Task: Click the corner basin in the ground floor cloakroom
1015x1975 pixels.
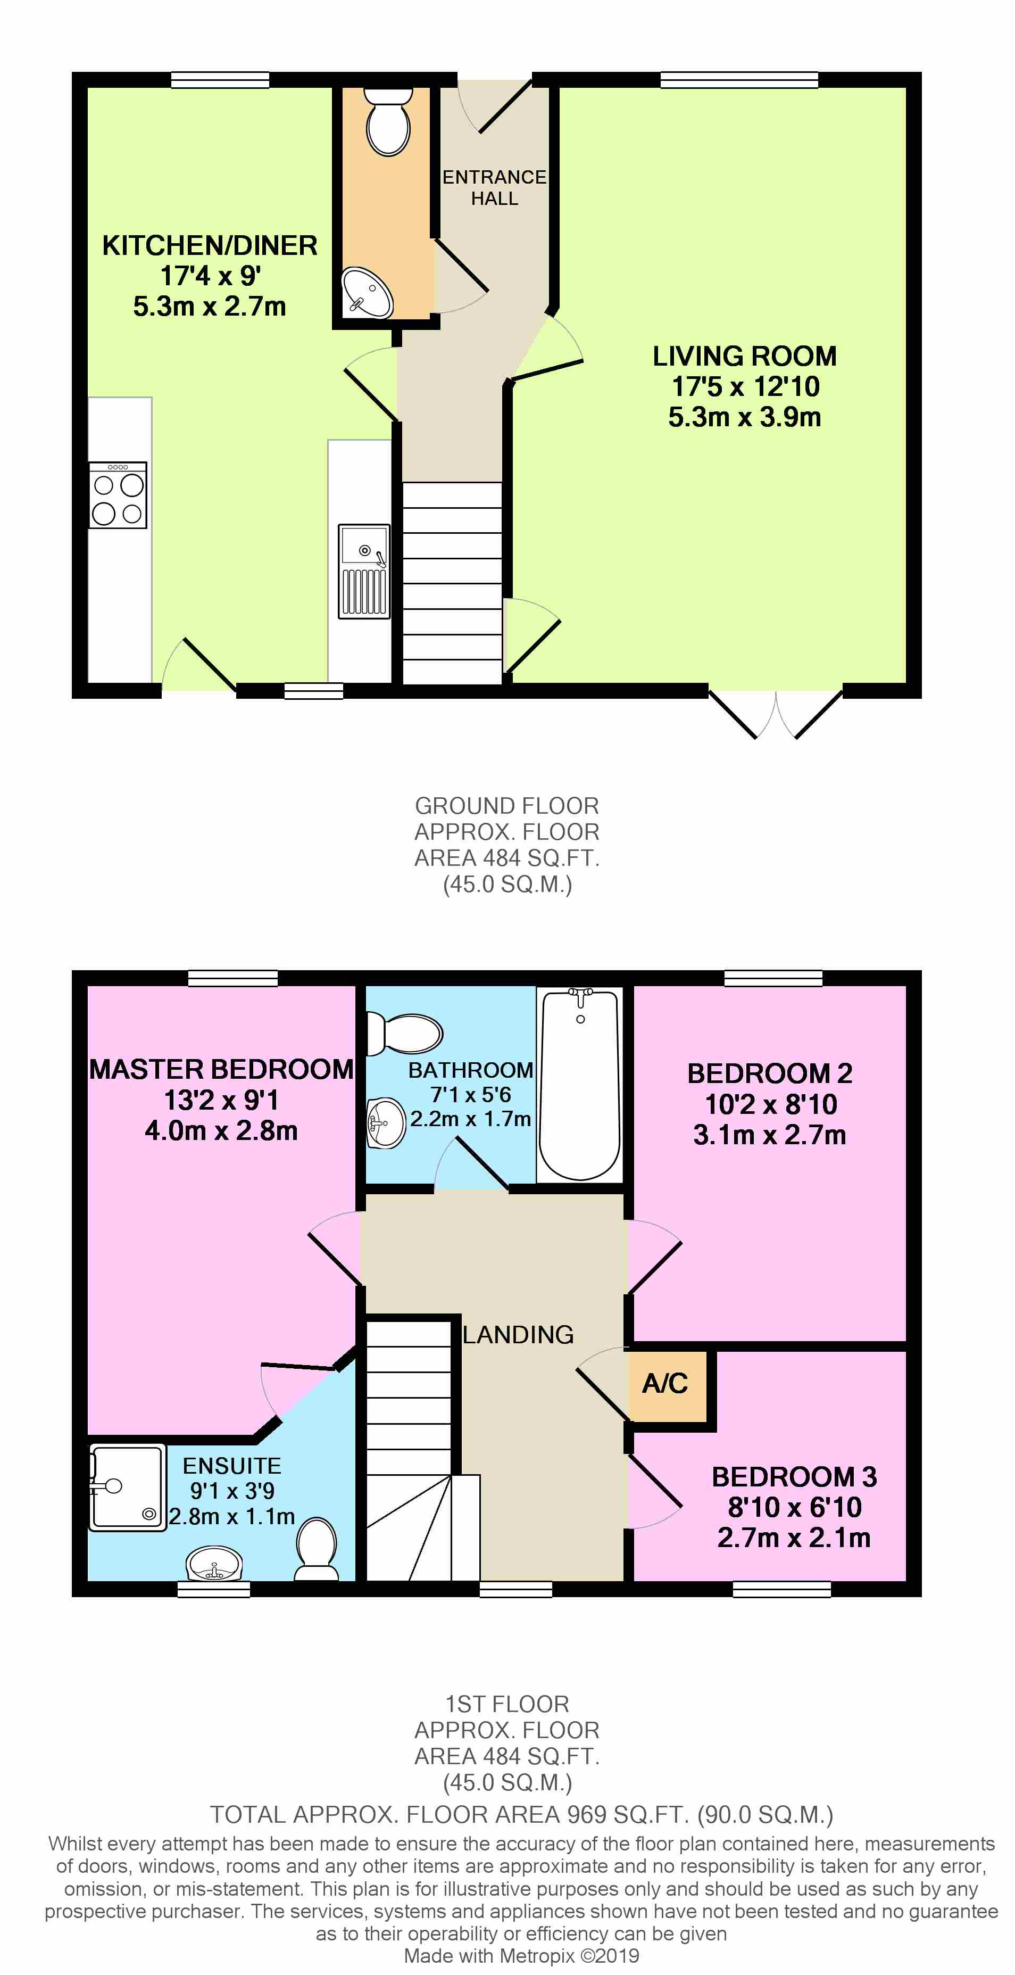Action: click(367, 293)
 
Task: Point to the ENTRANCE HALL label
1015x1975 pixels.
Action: click(495, 188)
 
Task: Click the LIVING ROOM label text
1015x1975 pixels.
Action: click(744, 357)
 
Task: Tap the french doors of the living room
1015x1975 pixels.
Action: click(776, 713)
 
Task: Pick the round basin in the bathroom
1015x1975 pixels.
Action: click(386, 1123)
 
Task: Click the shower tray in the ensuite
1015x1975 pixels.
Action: click(127, 1488)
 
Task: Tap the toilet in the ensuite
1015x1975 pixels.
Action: click(317, 1549)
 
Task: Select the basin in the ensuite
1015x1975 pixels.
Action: click(215, 1564)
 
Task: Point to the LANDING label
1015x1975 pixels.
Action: click(518, 1335)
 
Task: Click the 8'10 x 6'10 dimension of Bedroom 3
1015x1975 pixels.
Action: click(794, 1507)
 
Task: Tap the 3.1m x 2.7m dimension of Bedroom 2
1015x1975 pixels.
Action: click(770, 1135)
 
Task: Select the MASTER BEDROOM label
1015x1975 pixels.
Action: click(221, 1070)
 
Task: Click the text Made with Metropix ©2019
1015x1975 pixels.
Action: click(521, 1956)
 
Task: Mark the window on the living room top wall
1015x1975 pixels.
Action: click(739, 80)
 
